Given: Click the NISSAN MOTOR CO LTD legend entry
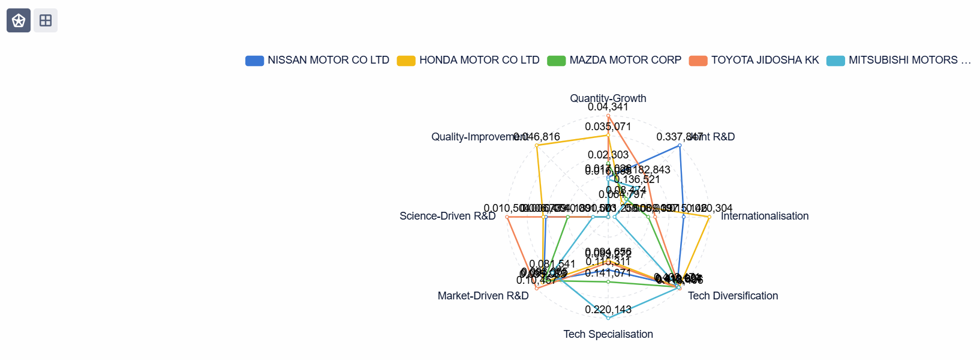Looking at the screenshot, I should click(x=317, y=60).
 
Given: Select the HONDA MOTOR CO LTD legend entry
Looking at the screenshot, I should click(x=468, y=60).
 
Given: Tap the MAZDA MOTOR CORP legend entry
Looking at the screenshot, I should click(x=614, y=60).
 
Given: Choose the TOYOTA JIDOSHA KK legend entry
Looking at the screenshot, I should click(x=754, y=60).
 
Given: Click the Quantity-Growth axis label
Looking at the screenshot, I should click(x=608, y=98).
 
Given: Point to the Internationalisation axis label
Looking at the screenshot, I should click(x=765, y=216).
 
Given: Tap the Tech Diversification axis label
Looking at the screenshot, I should click(x=733, y=296).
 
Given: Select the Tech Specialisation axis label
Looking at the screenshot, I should click(x=608, y=334).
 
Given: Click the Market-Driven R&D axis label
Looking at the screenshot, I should click(x=483, y=296).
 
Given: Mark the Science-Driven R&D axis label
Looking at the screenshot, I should click(x=447, y=216).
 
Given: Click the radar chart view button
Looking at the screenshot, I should click(x=19, y=20).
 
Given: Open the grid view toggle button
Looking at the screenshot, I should click(x=46, y=20).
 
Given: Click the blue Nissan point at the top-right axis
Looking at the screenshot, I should click(x=680, y=145).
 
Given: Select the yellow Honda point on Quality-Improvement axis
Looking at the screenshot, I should click(x=537, y=145).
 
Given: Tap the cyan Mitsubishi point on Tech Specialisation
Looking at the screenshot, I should click(x=608, y=318).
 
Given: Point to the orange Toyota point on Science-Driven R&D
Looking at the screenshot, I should click(x=507, y=217).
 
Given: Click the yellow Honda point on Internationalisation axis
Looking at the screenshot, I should click(x=709, y=217).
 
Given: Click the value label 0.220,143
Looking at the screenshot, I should click(x=608, y=310).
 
